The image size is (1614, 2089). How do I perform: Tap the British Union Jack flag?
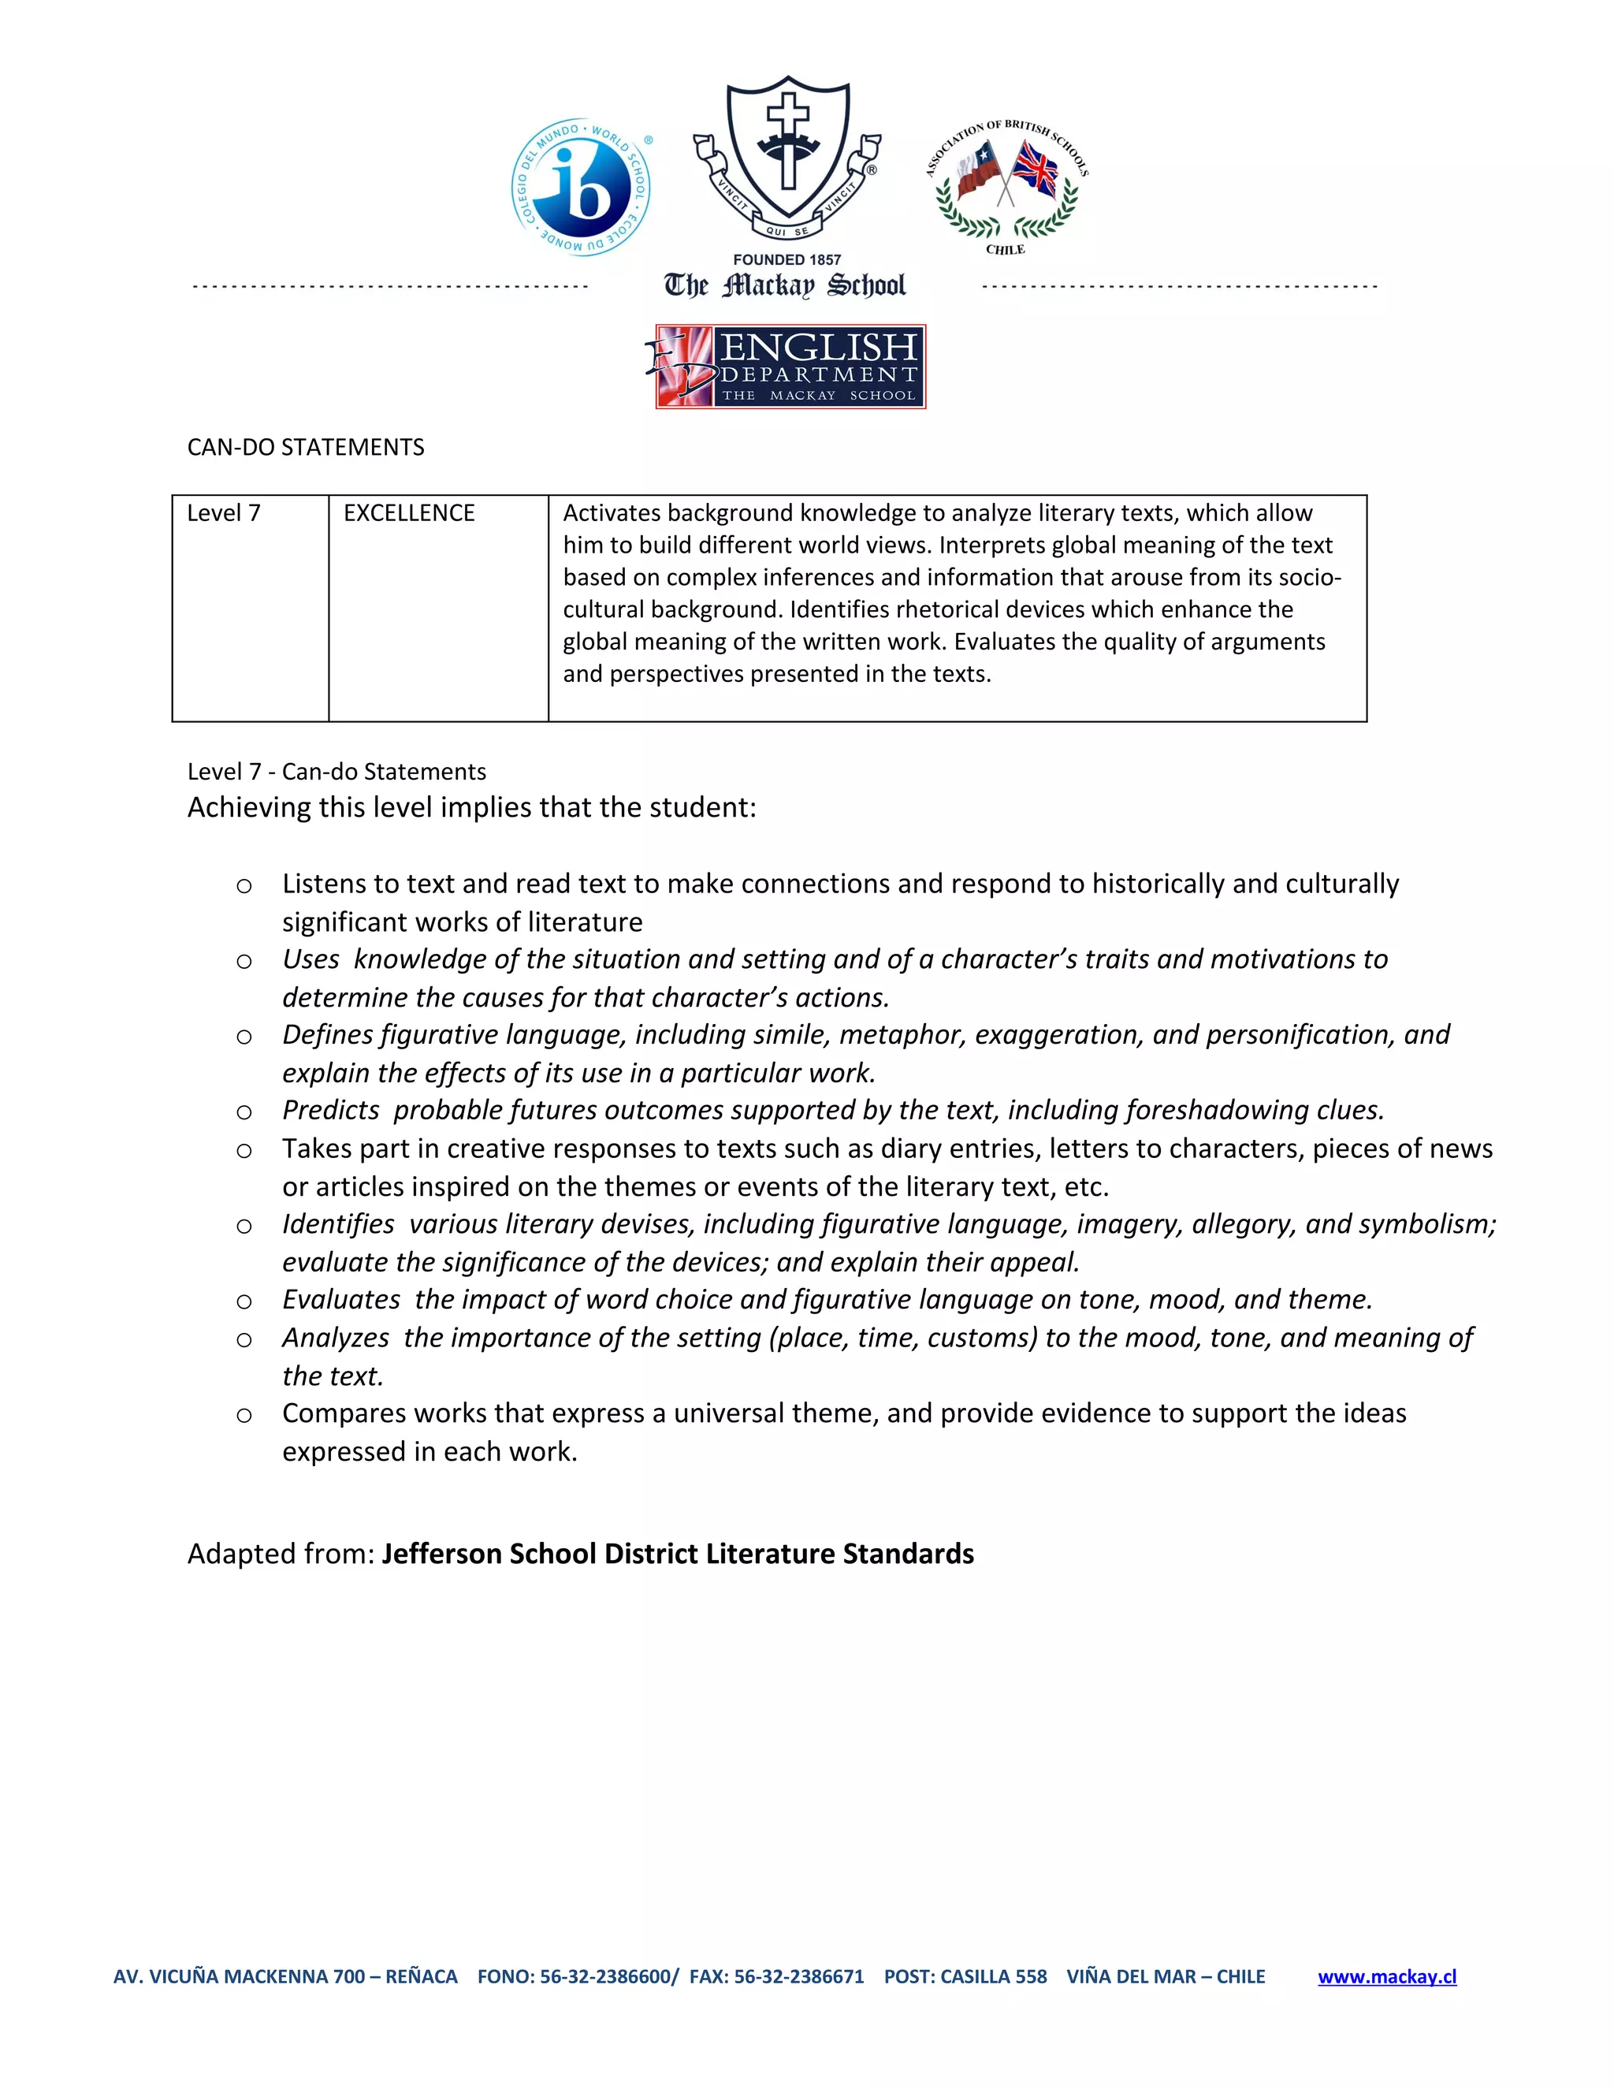1036,170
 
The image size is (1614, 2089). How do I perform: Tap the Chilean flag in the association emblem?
978,169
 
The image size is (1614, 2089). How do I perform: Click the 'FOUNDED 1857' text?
787,259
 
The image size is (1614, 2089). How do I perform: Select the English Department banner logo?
790,367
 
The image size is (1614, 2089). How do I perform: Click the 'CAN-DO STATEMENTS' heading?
306,448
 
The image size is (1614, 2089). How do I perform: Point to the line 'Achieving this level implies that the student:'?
471,807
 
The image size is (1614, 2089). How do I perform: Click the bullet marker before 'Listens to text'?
244,886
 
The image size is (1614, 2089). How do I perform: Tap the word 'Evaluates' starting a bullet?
341,1300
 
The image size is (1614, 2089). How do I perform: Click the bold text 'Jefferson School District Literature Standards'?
677,1554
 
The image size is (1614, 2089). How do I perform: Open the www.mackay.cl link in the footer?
1386,1977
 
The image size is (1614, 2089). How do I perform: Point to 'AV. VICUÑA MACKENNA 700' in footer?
239,1977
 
